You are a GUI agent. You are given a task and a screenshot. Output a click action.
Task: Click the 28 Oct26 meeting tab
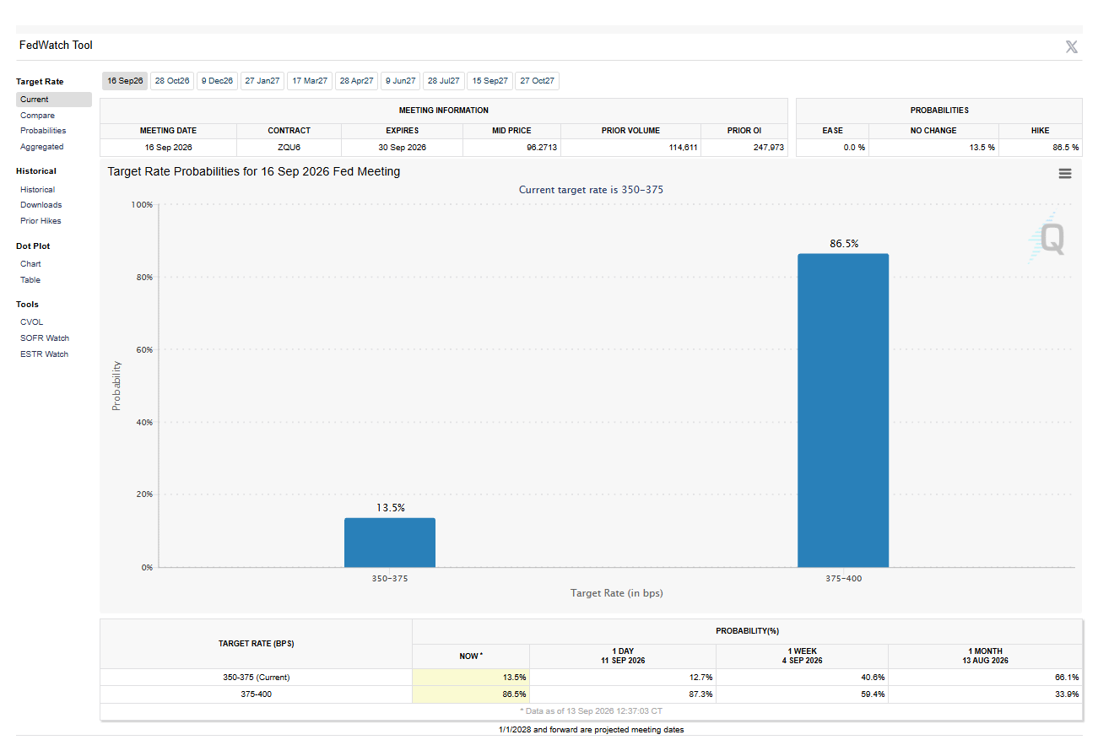point(172,81)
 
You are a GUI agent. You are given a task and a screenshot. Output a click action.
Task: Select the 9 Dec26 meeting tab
point(217,81)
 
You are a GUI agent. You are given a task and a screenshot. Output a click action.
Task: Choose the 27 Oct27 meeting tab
point(538,81)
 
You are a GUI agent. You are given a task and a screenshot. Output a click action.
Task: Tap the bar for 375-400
point(843,410)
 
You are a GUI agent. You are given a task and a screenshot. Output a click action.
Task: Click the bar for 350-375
point(390,543)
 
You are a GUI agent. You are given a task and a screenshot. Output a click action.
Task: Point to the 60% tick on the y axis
point(144,350)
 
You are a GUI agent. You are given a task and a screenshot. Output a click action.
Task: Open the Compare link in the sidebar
point(37,116)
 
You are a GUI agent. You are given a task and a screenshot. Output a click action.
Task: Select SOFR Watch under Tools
point(45,338)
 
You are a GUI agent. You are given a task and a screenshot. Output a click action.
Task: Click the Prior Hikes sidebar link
point(41,221)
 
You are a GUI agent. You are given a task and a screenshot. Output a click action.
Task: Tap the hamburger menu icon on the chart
point(1065,174)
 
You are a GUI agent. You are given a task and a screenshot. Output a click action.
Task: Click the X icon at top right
point(1072,47)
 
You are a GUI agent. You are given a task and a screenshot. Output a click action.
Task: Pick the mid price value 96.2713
point(542,148)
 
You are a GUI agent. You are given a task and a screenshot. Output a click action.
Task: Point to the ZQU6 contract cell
point(289,148)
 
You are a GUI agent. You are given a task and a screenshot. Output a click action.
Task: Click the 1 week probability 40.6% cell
point(873,678)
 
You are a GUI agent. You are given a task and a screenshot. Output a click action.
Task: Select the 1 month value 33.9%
point(1067,694)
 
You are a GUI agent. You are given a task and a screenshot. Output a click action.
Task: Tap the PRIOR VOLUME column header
point(630,131)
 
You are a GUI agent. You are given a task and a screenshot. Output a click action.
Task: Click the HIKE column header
point(1040,131)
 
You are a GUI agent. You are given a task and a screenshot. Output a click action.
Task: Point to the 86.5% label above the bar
point(844,244)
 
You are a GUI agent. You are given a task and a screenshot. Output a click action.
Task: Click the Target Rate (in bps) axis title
point(617,593)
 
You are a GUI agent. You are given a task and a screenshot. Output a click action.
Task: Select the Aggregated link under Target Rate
point(41,147)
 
